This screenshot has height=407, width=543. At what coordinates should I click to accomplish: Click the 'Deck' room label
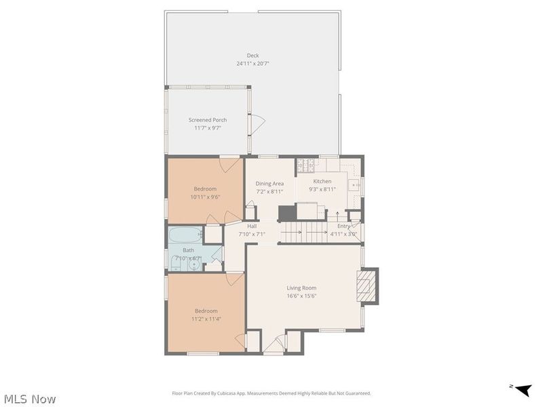[252, 56]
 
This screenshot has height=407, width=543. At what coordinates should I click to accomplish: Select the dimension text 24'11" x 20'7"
[252, 64]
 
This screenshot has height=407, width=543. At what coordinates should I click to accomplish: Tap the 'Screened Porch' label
[208, 120]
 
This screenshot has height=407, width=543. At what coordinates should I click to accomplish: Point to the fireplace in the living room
[367, 286]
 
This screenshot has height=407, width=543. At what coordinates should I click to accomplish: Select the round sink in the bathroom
[193, 265]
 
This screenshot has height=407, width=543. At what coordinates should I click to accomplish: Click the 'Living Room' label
[301, 288]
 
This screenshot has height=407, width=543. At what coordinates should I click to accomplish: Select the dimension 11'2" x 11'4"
[206, 319]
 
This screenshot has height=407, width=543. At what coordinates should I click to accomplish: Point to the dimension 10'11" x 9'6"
[205, 197]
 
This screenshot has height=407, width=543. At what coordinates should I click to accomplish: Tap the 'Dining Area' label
[269, 183]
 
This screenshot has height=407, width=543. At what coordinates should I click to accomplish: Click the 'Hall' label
[252, 226]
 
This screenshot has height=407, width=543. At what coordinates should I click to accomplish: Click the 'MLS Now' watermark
[29, 399]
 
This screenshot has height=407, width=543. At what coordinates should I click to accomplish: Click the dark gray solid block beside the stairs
[288, 213]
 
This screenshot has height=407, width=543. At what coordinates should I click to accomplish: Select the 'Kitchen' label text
[322, 181]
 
